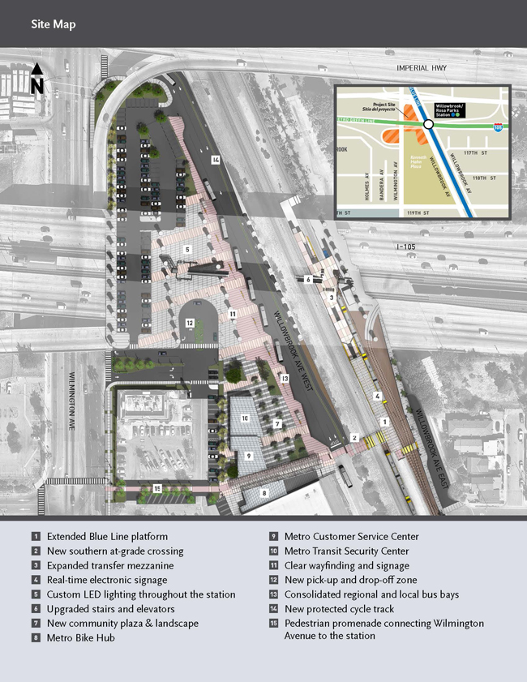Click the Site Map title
click(54, 24)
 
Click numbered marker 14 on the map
click(215, 160)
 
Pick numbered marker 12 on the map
click(189, 323)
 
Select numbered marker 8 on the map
click(263, 492)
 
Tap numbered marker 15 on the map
click(157, 488)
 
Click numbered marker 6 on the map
click(309, 279)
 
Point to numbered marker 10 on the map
click(244, 418)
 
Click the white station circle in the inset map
click(427, 125)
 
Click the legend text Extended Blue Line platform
click(107, 536)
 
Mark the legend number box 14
click(274, 609)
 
